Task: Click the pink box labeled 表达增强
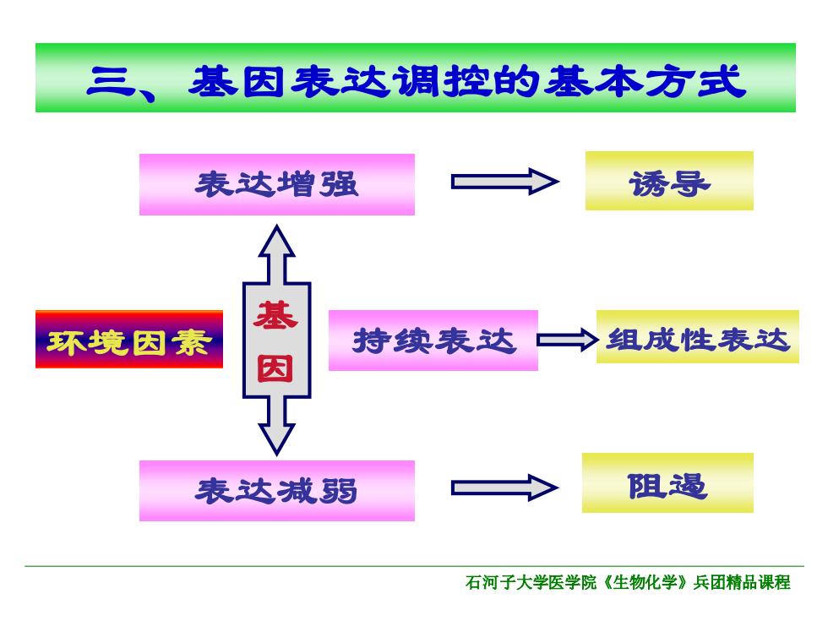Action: (x=277, y=184)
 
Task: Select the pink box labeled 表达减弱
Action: (x=277, y=491)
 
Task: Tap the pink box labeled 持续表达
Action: (x=433, y=340)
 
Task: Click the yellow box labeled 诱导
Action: (x=669, y=181)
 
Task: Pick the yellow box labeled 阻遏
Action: (x=667, y=482)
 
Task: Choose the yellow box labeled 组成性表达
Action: (x=697, y=336)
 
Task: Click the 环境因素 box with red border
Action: (x=128, y=339)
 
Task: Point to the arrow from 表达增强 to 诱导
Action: (x=505, y=182)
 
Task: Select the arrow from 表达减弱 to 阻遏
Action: (x=505, y=488)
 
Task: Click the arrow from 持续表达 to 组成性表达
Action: (x=568, y=340)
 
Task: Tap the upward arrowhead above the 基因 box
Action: (x=277, y=241)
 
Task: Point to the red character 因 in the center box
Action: (x=275, y=368)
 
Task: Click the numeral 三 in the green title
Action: (x=111, y=82)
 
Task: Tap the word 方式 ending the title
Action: (x=695, y=82)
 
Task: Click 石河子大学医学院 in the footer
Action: (x=531, y=582)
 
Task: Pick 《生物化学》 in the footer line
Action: (x=645, y=582)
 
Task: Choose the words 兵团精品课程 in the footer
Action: (x=742, y=582)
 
